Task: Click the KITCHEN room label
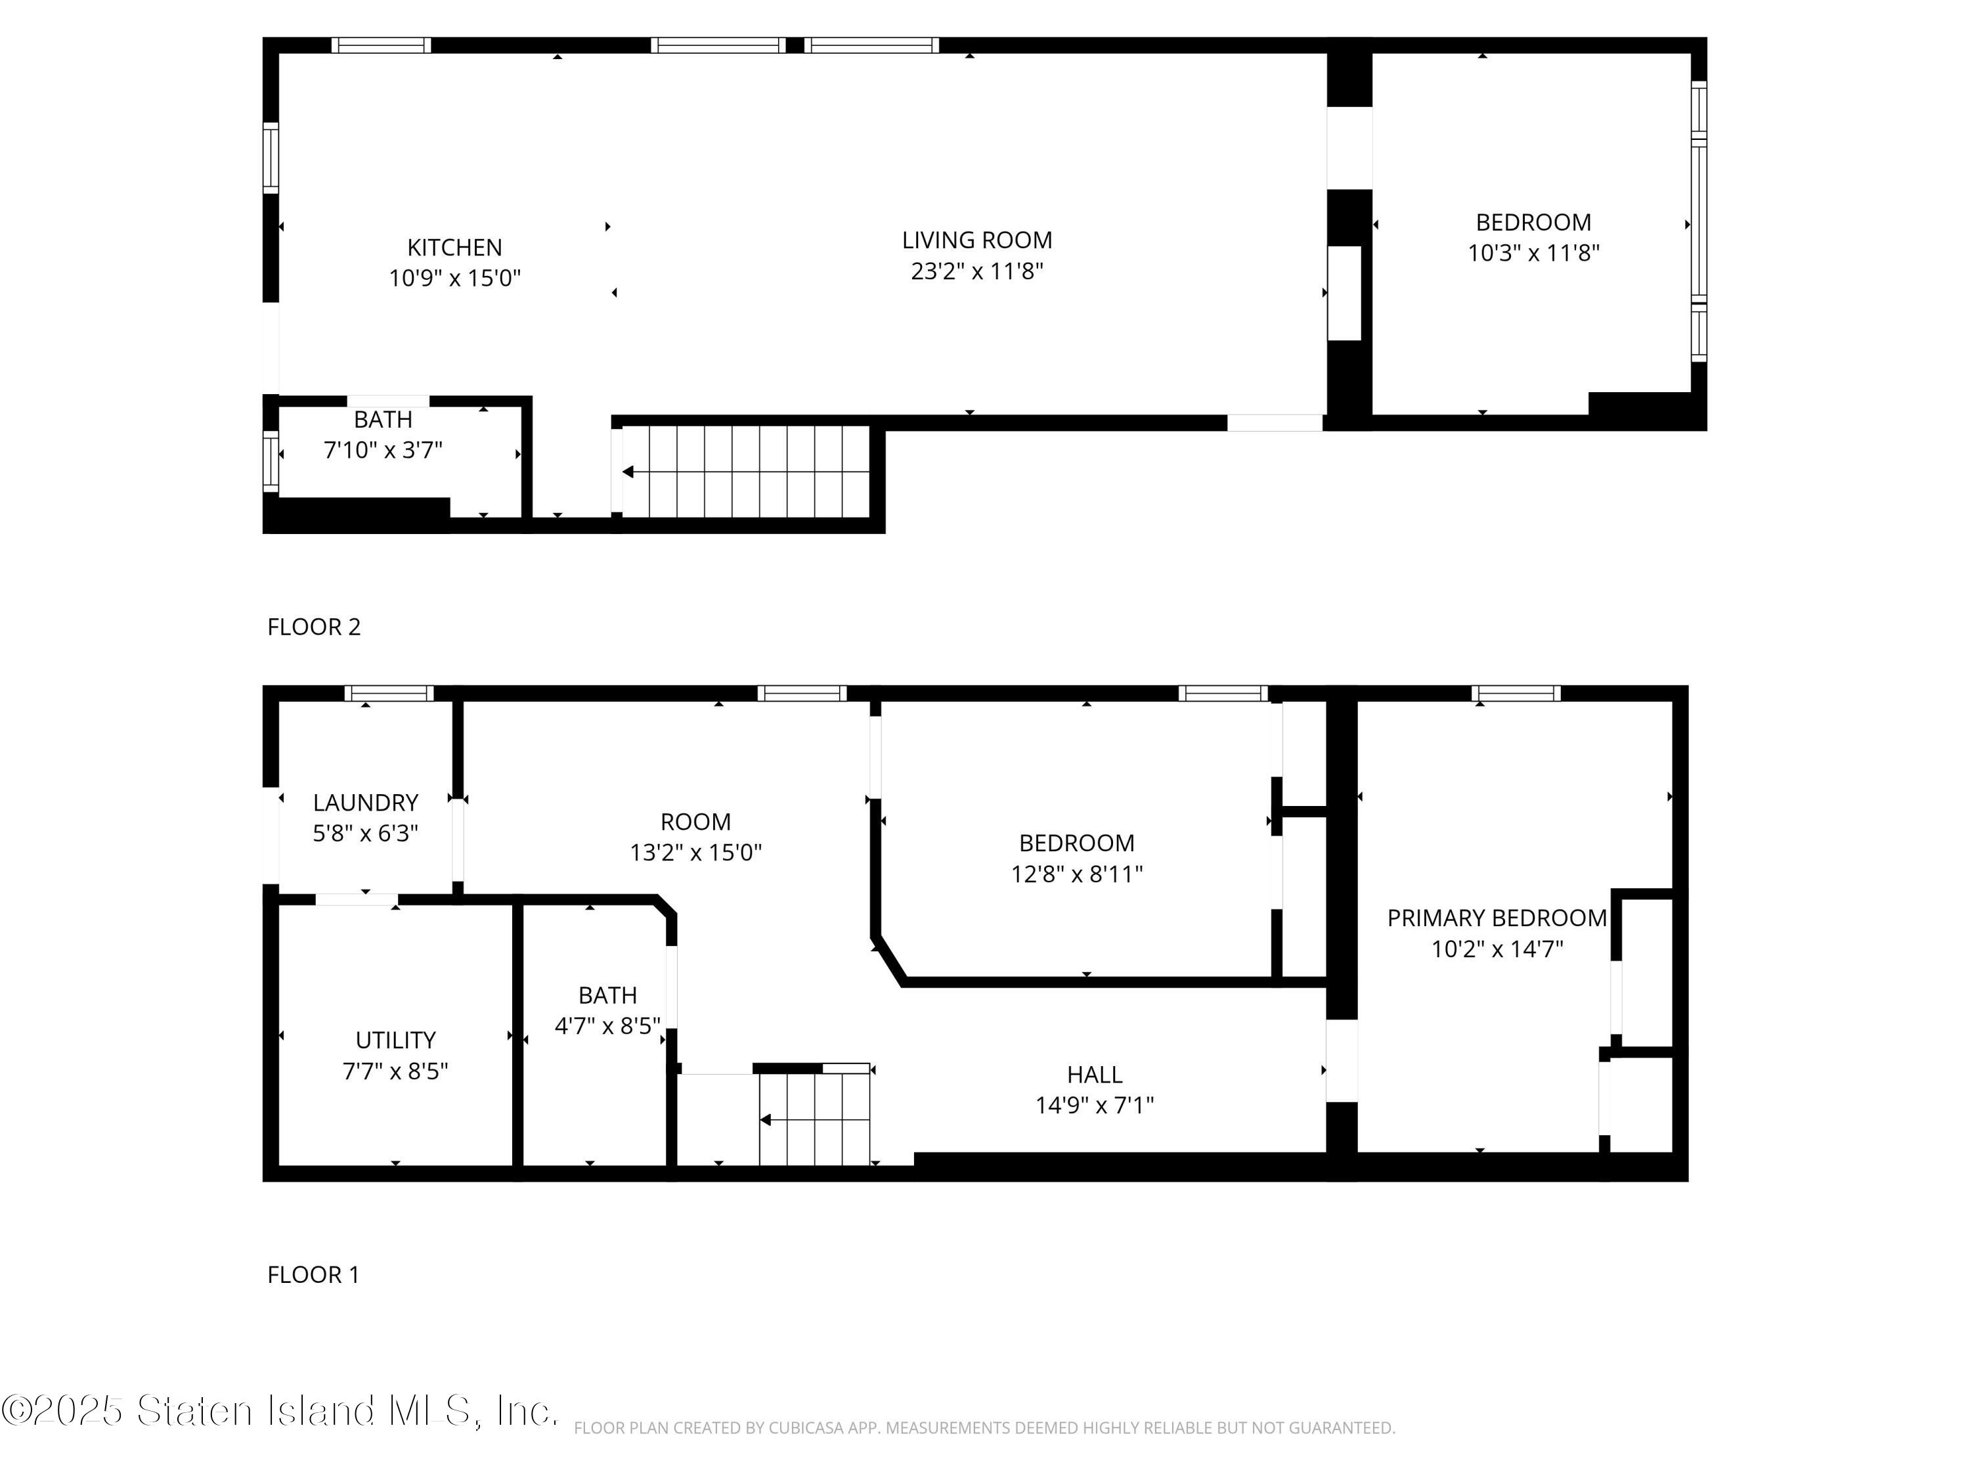click(x=454, y=248)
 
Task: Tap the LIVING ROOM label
click(x=977, y=240)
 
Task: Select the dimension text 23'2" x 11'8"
click(x=977, y=271)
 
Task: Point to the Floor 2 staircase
click(x=745, y=471)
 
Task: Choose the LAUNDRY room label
click(x=365, y=803)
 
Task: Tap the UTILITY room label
click(x=395, y=1041)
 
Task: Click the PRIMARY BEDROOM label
click(x=1497, y=918)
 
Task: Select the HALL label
click(x=1095, y=1075)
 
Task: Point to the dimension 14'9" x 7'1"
click(x=1095, y=1106)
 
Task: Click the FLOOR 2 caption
click(x=313, y=627)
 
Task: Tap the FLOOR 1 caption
click(x=313, y=1275)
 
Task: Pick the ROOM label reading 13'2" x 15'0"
click(x=695, y=822)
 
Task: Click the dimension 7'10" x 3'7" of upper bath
click(x=383, y=450)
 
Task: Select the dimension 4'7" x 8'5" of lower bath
click(x=607, y=1026)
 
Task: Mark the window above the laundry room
click(x=389, y=693)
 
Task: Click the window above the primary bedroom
click(x=1516, y=693)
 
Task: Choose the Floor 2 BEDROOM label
click(x=1533, y=223)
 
